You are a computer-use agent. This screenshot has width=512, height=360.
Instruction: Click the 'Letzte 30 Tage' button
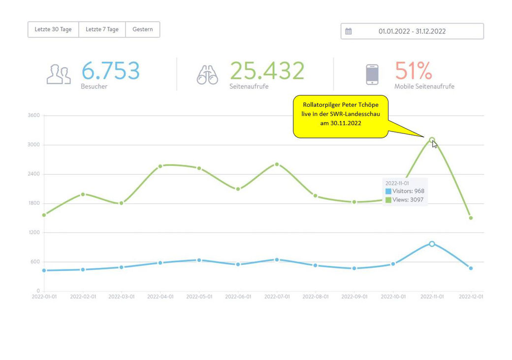click(53, 30)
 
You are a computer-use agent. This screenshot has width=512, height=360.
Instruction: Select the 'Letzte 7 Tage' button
click(102, 30)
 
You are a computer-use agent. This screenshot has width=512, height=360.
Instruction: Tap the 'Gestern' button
click(143, 30)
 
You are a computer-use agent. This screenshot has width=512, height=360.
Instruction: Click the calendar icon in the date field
click(349, 32)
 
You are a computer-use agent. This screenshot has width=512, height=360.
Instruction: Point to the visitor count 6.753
click(110, 70)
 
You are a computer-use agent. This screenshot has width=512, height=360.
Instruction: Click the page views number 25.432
click(267, 70)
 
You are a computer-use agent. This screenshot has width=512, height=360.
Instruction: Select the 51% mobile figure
click(414, 70)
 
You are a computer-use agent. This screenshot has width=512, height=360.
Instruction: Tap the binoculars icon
click(207, 75)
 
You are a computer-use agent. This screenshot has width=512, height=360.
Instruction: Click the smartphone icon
click(372, 74)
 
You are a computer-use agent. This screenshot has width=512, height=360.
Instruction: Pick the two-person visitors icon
click(59, 74)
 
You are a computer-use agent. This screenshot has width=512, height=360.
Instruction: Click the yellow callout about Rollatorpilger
click(341, 117)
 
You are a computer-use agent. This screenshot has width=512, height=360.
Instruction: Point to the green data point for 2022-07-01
click(277, 164)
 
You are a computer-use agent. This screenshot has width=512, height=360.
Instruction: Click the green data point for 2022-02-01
click(83, 195)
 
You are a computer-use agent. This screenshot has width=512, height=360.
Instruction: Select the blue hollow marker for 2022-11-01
click(432, 244)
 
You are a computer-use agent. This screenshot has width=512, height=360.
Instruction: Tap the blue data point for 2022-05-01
click(199, 260)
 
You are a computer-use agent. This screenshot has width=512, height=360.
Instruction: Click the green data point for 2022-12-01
click(471, 218)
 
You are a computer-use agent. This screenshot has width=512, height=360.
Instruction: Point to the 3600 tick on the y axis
click(33, 115)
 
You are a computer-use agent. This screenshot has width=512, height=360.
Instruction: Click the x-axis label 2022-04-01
click(160, 296)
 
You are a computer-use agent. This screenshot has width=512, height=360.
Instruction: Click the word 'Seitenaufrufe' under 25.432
click(249, 87)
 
